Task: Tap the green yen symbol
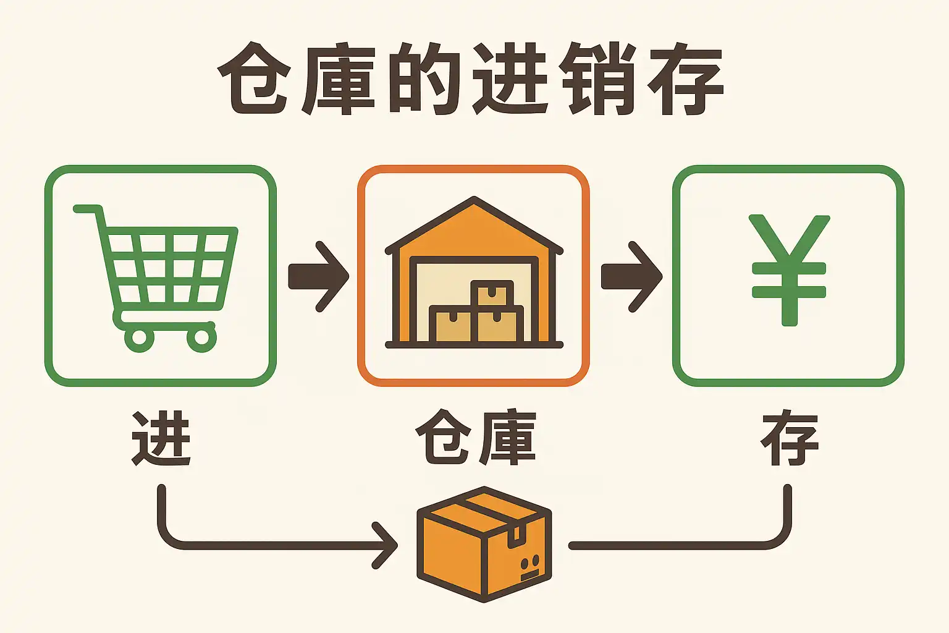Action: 789,270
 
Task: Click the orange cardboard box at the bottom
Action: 484,544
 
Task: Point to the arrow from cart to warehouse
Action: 319,276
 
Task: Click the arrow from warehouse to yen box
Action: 631,276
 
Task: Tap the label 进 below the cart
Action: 161,438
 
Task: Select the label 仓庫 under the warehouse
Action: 475,437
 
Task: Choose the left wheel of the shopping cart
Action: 140,338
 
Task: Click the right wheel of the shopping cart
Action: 201,338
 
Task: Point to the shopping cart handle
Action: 86,209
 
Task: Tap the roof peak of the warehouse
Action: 474,202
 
